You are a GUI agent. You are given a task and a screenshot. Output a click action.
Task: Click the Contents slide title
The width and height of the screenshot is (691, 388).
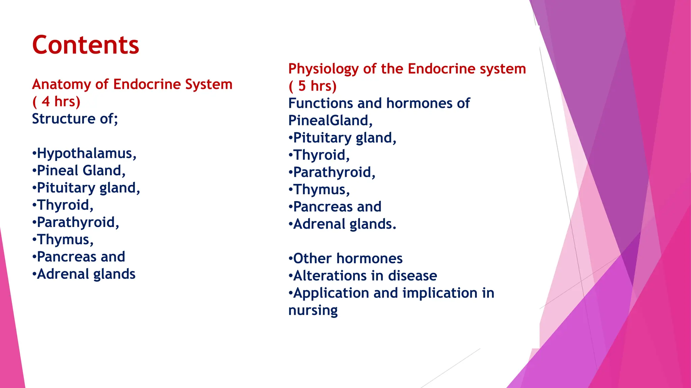85,45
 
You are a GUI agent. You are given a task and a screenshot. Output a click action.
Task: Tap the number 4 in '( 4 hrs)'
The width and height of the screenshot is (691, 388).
46,102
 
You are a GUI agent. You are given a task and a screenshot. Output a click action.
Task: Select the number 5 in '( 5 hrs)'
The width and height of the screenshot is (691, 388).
302,86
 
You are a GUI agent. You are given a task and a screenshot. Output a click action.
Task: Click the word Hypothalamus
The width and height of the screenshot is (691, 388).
86,154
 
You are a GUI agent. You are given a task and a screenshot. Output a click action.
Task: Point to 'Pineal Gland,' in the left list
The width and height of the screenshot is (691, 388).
81,171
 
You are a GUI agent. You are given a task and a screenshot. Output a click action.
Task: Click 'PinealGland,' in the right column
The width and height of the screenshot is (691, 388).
330,121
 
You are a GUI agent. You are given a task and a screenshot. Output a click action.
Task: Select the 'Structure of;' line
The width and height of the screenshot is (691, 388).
75,119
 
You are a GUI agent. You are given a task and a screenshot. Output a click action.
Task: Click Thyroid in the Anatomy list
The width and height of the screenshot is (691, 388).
64,205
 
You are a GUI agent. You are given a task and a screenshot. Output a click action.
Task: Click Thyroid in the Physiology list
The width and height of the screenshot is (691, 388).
321,155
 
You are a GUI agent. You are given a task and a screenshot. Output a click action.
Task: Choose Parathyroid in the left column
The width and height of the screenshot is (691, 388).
78,222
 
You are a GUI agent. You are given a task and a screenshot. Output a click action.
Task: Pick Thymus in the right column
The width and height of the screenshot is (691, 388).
321,190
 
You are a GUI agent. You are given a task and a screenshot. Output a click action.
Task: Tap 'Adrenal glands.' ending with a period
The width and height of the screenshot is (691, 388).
344,224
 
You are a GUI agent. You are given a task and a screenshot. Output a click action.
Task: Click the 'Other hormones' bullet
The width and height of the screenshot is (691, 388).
348,259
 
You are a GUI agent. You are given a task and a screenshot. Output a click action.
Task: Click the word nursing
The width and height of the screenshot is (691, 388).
313,311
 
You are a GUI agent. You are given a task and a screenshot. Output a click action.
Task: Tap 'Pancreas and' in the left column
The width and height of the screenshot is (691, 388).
81,257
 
